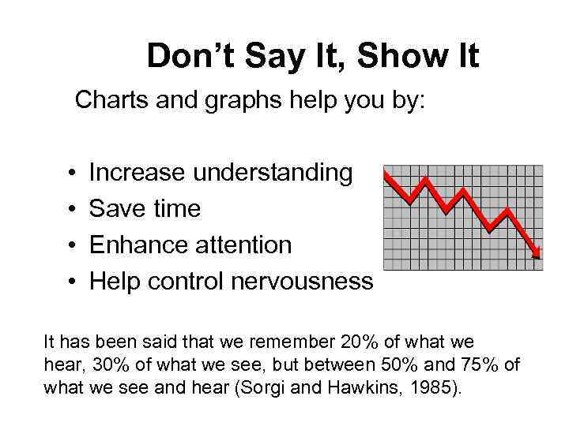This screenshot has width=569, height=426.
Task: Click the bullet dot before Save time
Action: pos(71,209)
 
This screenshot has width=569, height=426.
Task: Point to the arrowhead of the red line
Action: pos(537,254)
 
